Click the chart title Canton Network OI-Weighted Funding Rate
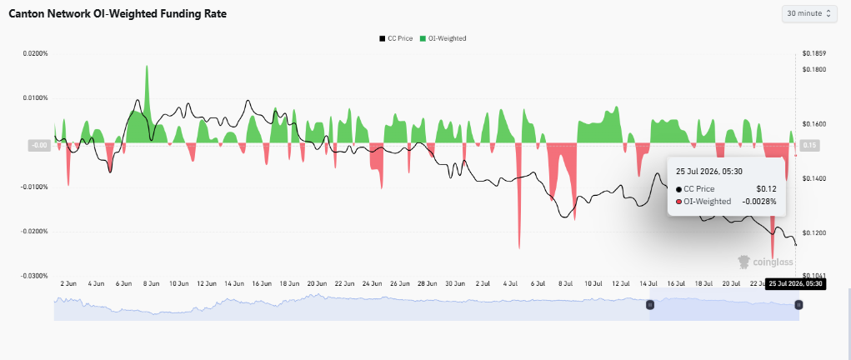(x=118, y=14)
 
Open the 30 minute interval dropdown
(x=808, y=13)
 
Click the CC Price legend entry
(x=396, y=38)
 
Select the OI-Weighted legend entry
(x=443, y=38)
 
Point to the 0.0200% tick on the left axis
(x=35, y=54)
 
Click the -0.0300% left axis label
(x=35, y=276)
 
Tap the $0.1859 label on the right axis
(x=814, y=54)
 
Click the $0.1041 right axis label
(x=814, y=276)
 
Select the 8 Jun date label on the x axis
(x=151, y=283)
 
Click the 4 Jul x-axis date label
(x=511, y=283)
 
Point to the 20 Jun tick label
(x=317, y=283)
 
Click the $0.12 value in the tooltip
(x=767, y=189)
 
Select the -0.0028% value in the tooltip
(x=760, y=202)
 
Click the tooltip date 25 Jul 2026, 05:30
(x=708, y=171)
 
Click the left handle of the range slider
(x=650, y=305)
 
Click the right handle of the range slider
(x=798, y=305)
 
